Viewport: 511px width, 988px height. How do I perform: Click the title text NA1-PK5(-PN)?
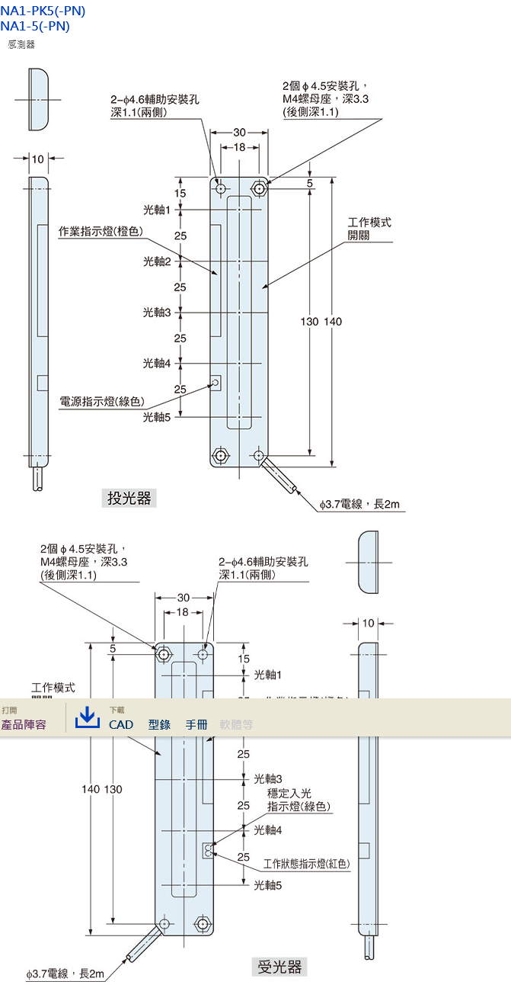coord(43,11)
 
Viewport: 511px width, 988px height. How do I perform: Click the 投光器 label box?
coord(129,499)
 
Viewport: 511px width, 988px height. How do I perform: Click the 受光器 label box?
coord(279,967)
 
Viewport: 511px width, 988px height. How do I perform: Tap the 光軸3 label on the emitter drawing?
coord(157,312)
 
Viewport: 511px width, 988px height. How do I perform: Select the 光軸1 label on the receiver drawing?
coord(268,675)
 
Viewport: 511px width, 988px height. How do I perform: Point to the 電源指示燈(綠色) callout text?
coord(101,401)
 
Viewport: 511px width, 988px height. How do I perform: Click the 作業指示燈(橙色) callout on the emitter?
coord(101,231)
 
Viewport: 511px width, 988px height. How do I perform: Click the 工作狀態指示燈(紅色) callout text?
coord(307,864)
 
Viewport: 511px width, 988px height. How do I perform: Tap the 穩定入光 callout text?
coord(289,794)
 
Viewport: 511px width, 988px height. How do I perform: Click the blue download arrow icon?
coord(88,717)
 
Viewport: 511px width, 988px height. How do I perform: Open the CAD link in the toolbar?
coord(121,724)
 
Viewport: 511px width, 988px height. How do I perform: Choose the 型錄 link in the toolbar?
coord(159,724)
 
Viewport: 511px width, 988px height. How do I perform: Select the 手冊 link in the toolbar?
coord(196,724)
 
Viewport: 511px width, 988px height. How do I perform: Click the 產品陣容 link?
coord(24,724)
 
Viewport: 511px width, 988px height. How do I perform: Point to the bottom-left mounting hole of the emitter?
coord(220,456)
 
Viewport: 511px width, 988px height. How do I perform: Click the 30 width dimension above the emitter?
coord(240,133)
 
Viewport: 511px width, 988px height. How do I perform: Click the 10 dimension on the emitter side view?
coord(38,159)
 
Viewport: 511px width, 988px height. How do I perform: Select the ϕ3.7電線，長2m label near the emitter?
coord(359,504)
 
